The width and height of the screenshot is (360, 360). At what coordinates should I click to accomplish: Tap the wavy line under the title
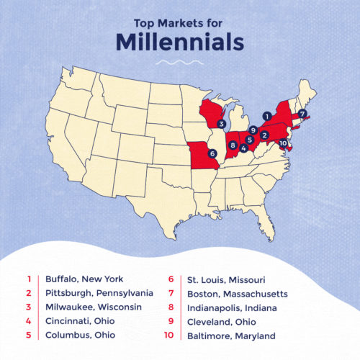179,63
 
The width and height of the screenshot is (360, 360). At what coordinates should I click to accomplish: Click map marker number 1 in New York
267,115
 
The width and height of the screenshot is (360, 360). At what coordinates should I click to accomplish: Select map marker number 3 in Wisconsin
223,123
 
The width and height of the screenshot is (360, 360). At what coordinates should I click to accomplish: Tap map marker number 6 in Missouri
211,153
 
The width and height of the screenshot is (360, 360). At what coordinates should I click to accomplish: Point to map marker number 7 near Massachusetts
302,114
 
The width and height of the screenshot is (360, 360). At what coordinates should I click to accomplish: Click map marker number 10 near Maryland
283,143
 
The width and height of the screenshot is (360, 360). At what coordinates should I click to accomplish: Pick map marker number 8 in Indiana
232,145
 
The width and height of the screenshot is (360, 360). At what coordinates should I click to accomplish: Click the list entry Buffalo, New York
84,279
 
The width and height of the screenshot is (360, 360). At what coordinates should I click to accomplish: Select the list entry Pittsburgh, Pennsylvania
99,294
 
